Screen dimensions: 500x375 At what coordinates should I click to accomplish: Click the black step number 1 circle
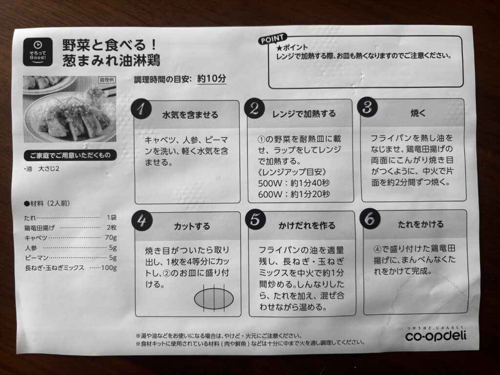click(141, 109)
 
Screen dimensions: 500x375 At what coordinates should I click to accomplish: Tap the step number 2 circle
click(254, 108)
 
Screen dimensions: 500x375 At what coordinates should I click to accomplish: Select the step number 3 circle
click(367, 107)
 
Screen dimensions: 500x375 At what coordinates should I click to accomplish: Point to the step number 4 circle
click(142, 220)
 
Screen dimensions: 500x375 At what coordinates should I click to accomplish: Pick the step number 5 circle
click(255, 219)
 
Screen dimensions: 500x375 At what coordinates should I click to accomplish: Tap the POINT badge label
click(272, 39)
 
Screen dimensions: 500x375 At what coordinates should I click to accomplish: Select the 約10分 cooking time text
click(211, 79)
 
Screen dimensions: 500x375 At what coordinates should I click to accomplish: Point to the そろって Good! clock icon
click(38, 52)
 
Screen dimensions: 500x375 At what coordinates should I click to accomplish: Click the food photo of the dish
click(69, 109)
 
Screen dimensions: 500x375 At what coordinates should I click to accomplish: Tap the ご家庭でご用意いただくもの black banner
click(70, 155)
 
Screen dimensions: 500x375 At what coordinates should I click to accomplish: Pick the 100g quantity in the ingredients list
click(109, 268)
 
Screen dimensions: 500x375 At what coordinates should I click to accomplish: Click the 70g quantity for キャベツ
click(111, 238)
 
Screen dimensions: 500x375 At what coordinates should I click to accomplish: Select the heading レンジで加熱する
click(304, 114)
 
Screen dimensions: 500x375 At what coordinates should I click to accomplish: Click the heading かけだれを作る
click(307, 226)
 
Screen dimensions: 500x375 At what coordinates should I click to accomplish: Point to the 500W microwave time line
click(293, 183)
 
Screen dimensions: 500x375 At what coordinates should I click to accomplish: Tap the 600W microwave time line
click(293, 194)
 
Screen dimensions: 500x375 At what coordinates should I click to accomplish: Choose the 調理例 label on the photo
click(106, 80)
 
